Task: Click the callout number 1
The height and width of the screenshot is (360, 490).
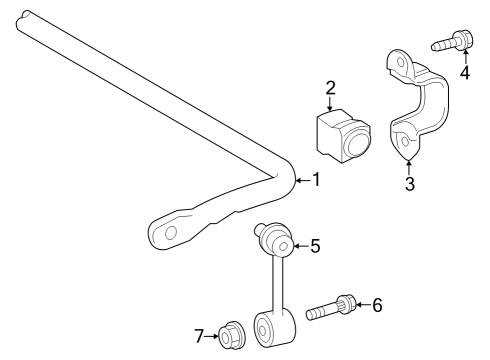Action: [315, 180]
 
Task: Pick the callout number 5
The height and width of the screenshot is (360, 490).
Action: [315, 245]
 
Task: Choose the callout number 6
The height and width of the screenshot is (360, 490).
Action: [376, 304]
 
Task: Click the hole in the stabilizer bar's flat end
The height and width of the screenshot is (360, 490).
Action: [170, 232]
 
